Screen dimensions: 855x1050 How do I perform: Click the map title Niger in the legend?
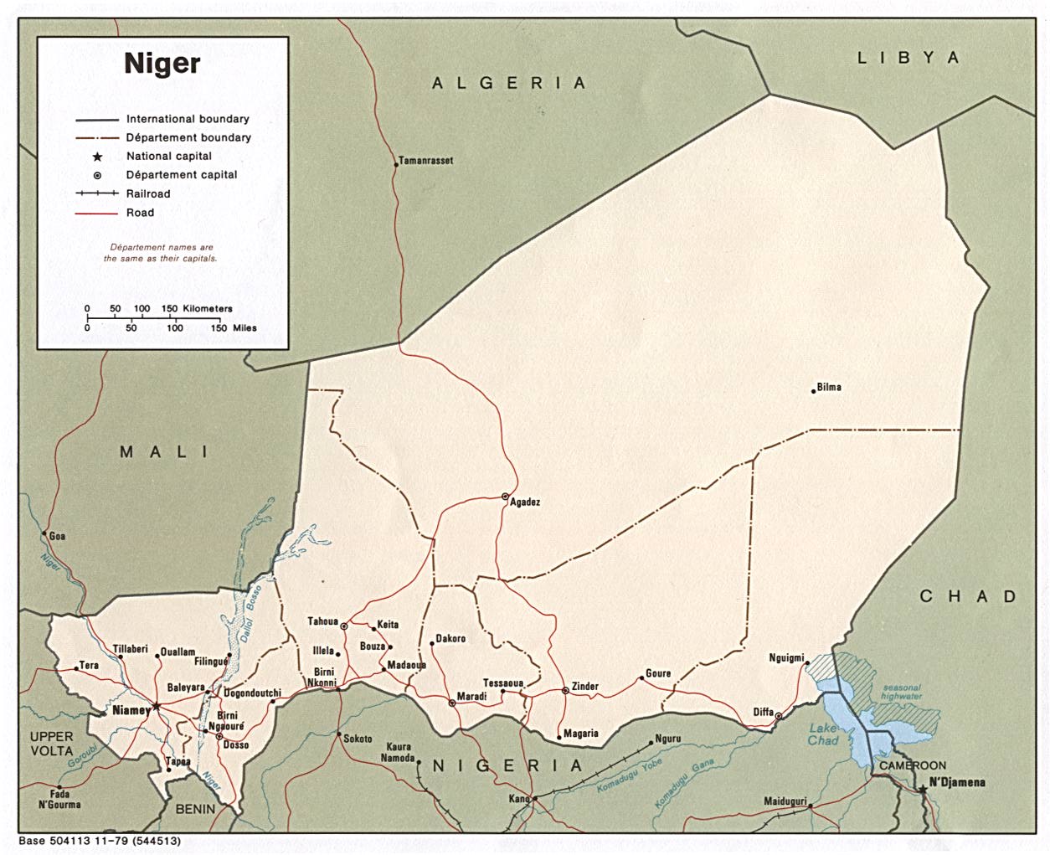pos(162,64)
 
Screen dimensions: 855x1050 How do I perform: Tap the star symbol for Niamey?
pos(157,706)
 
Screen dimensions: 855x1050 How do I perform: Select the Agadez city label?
pos(525,502)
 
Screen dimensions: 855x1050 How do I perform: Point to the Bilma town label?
pos(828,387)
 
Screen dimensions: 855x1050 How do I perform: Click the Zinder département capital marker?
pos(566,691)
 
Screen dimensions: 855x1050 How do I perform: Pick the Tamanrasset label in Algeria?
pos(425,161)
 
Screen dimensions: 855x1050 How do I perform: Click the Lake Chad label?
pos(823,734)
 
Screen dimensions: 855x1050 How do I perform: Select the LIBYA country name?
pos(907,58)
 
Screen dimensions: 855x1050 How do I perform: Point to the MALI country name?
pos(165,452)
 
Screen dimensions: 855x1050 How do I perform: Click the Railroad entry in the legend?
pos(148,193)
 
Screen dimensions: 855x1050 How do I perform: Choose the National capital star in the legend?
pos(97,157)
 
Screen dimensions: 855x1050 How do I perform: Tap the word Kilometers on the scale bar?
pos(208,308)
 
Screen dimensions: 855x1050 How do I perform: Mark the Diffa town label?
pos(763,713)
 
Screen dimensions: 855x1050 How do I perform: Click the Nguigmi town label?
pos(786,658)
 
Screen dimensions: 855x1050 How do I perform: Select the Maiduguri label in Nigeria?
pos(785,801)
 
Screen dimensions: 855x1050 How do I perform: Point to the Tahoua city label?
pos(322,621)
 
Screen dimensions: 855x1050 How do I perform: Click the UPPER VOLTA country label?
pos(52,744)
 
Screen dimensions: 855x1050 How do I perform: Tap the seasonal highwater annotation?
pos(901,692)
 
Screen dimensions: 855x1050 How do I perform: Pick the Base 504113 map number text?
pos(99,841)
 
